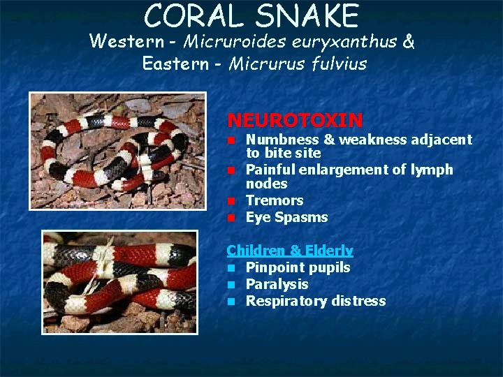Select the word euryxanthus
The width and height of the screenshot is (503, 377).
point(340,42)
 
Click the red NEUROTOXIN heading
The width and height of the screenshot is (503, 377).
point(295,121)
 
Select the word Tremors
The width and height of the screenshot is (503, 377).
point(275,200)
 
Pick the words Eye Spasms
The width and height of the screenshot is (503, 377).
point(286,217)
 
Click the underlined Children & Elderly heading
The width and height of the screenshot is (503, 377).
point(290,250)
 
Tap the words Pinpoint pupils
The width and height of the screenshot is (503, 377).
point(298,267)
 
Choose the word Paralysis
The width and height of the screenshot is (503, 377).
point(277,284)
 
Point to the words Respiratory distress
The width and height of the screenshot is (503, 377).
point(315,301)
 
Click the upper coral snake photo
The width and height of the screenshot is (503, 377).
point(117,150)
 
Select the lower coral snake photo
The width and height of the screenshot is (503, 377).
point(119,281)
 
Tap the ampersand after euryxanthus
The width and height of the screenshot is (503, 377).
point(408,42)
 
